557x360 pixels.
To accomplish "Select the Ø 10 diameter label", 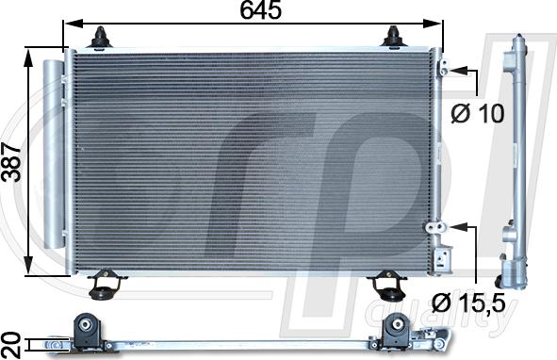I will coord(478,113).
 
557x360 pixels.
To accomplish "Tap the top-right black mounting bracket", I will coord(394,38).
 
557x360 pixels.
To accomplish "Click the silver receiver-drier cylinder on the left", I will coord(53,155).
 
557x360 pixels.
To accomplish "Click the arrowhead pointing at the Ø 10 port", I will coord(459,69).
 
